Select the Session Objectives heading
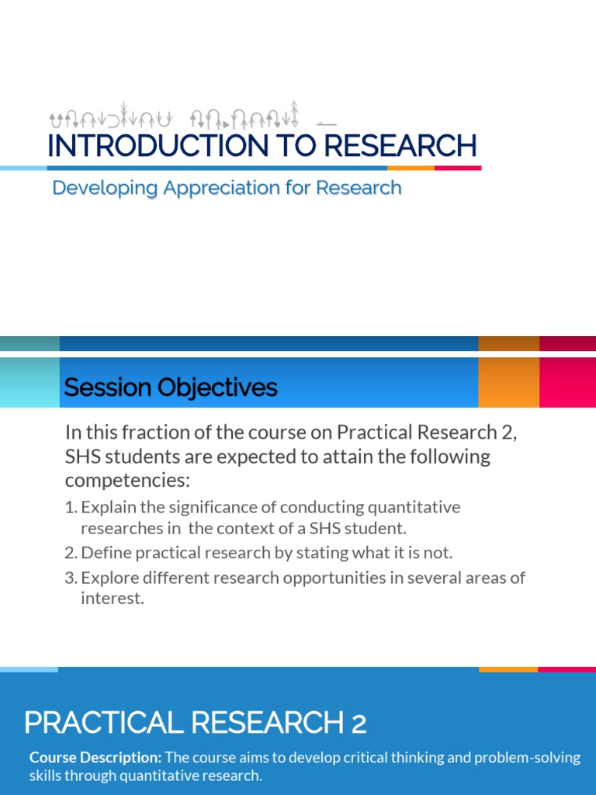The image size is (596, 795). pos(170,387)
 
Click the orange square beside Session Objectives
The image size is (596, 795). pos(508,382)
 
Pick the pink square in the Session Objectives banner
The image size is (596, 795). pos(567,382)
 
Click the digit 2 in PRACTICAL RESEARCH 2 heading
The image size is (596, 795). pos(358,724)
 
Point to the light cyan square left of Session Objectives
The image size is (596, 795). pos(29,382)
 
